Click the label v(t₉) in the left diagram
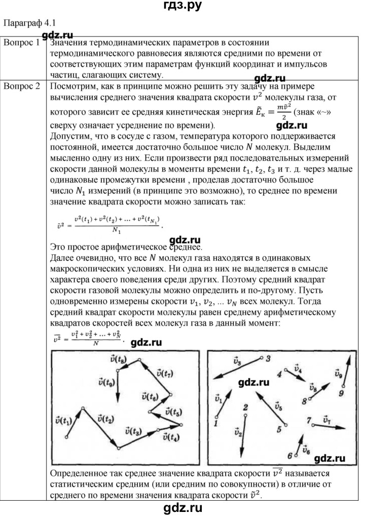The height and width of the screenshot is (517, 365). [106, 382]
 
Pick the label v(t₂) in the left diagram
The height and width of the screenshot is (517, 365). [105, 419]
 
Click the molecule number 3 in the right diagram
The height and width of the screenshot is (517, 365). [268, 359]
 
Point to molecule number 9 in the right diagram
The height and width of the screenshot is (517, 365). [341, 392]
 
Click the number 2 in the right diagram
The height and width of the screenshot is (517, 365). [245, 407]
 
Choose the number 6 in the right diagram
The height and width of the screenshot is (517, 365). [289, 455]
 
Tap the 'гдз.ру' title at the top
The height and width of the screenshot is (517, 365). [182, 7]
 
